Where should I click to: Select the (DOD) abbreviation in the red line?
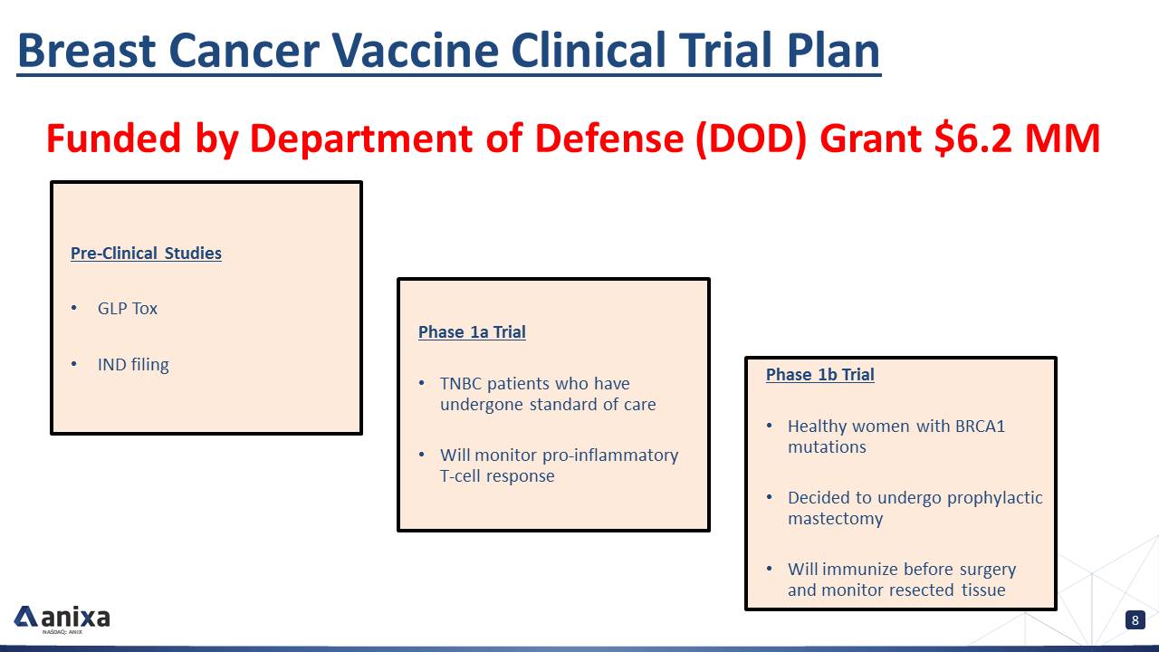point(752,139)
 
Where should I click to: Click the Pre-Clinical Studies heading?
point(146,253)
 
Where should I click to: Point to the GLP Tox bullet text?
point(128,309)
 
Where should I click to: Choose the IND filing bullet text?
point(133,365)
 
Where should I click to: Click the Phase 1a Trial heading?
point(472,331)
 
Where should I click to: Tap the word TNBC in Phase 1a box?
point(461,384)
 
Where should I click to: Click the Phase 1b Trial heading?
point(820,374)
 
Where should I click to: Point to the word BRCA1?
point(980,426)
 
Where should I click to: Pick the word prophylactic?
point(994,498)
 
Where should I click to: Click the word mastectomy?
point(835,519)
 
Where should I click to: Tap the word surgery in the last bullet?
point(988,570)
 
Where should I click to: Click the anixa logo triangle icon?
point(25,617)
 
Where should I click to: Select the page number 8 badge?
point(1135,620)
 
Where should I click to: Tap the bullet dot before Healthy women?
point(770,426)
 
